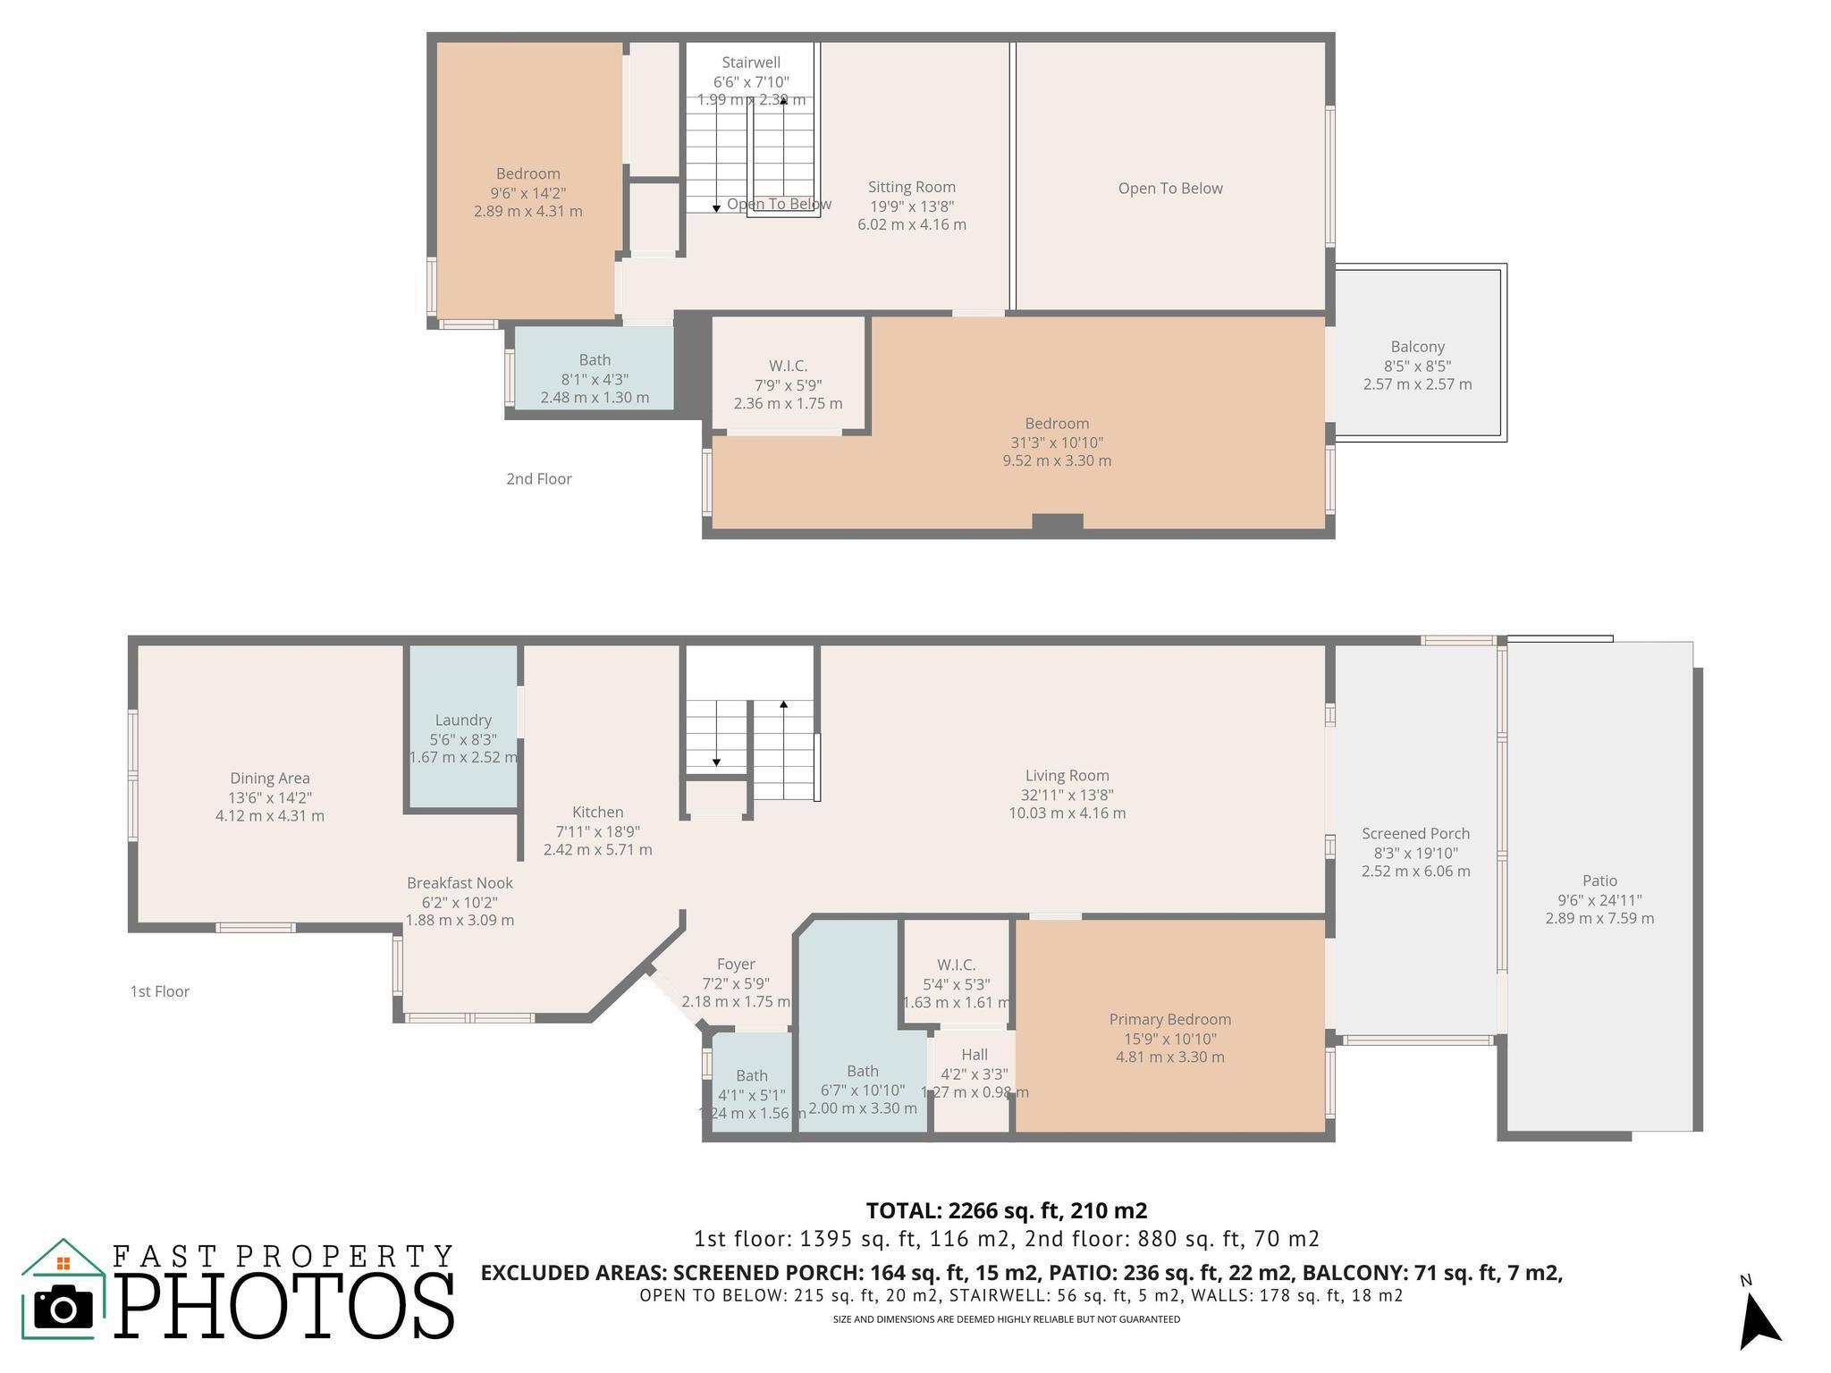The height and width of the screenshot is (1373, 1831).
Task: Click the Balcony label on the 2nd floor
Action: coord(1417,347)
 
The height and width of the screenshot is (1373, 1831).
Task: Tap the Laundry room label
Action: coord(463,720)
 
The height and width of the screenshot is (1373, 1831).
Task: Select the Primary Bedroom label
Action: coord(1169,1019)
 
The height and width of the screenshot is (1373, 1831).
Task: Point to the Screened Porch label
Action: coord(1415,833)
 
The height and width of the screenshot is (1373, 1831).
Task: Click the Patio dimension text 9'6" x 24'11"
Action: coord(1599,900)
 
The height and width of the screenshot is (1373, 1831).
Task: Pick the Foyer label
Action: coord(736,964)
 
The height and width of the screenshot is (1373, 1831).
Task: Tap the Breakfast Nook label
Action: coord(460,882)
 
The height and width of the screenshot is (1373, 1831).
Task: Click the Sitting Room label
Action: coord(911,187)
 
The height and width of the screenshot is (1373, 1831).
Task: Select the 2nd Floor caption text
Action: coord(538,479)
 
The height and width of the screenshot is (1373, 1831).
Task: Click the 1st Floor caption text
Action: coord(159,991)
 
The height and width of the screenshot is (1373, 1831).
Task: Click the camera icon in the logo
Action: coord(63,1308)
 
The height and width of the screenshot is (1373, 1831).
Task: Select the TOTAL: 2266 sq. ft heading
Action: coord(1006,1211)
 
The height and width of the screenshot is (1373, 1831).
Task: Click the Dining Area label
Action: coord(269,779)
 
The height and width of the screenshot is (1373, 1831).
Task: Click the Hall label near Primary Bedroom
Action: coord(974,1055)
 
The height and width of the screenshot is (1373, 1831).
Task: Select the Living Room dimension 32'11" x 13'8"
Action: coord(1067,795)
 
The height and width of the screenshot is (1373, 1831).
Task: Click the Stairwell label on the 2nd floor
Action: coord(751,63)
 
